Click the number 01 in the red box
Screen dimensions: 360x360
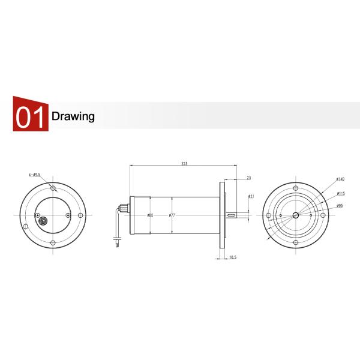pyautogui.click(x=29, y=116)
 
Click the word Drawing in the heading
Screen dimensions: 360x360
pyautogui.click(x=73, y=116)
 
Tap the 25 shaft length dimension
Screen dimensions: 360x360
pyautogui.click(x=248, y=178)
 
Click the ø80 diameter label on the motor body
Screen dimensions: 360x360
pyautogui.click(x=150, y=215)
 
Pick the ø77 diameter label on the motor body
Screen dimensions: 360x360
pyautogui.click(x=172, y=215)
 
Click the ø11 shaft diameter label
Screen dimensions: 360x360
pyautogui.click(x=251, y=196)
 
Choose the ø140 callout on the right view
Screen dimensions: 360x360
pyautogui.click(x=340, y=179)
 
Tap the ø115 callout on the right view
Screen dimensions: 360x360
pyautogui.click(x=340, y=193)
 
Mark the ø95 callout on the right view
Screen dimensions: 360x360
pyautogui.click(x=340, y=206)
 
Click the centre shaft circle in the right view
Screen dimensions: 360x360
pyautogui.click(x=295, y=215)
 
